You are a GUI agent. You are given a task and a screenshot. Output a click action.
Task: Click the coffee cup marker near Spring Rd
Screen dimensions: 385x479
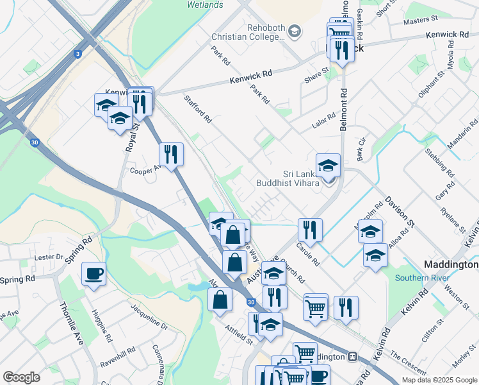tap(94, 274)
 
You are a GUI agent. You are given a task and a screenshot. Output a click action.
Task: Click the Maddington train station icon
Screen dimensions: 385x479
tap(352, 356)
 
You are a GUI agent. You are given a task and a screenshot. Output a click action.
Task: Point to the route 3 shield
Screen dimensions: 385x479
tap(78, 55)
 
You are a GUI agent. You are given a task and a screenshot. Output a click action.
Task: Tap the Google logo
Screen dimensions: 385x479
tap(21, 377)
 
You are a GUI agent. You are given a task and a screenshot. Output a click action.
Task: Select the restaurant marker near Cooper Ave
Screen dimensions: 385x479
tap(171, 154)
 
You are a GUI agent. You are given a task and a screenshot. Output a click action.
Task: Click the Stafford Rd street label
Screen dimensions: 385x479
tap(197, 109)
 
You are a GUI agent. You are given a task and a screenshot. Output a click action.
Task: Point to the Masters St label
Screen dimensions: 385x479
tap(419, 21)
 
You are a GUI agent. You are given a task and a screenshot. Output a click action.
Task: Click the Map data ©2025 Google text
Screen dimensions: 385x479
tap(439, 380)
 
